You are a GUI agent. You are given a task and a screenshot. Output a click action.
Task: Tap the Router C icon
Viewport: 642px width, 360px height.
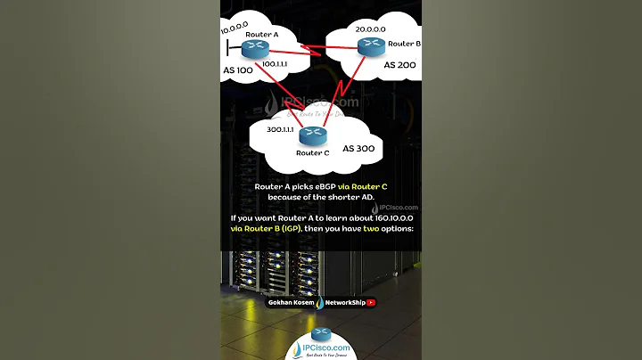point(312,136)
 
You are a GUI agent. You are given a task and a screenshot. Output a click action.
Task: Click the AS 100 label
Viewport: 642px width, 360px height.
point(240,70)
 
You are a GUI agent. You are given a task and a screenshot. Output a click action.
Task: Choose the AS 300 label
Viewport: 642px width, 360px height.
point(359,148)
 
